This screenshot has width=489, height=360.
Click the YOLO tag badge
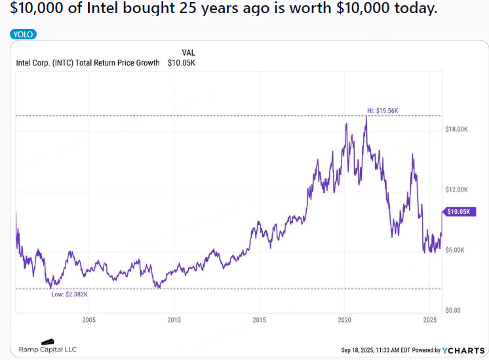(x=23, y=34)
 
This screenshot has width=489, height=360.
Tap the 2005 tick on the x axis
(x=89, y=320)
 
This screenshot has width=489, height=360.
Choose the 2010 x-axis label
(x=174, y=320)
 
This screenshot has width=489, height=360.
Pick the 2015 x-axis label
(x=259, y=320)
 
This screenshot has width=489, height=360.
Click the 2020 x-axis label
(x=345, y=320)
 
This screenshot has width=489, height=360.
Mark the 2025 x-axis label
(x=429, y=320)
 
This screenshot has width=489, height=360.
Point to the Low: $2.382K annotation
(x=69, y=294)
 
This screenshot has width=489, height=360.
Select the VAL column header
(x=188, y=52)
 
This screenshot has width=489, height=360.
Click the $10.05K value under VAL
(x=182, y=63)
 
